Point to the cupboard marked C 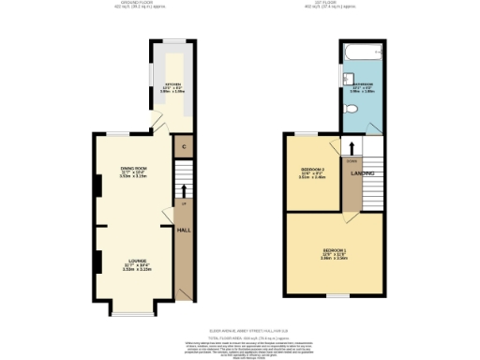click(184, 147)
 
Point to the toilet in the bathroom click(351, 109)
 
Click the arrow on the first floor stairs click(352, 146)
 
